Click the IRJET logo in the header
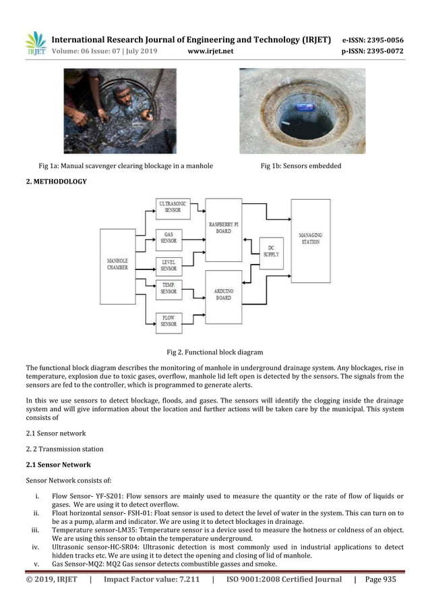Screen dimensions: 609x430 pos(35,43)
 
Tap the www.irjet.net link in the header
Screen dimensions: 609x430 pos(210,50)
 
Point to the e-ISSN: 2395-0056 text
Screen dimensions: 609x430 pos(373,40)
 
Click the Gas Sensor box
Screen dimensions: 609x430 pos(168,236)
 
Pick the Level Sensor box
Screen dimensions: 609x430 pos(168,264)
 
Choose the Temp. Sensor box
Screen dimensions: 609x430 pos(168,288)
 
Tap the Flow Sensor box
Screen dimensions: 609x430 pos(168,321)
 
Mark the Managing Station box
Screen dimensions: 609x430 pos(310,240)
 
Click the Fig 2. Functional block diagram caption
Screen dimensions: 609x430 pos(214,352)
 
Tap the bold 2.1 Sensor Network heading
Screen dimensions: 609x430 pos(57,465)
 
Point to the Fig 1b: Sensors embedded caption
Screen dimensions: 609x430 pos(301,165)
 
